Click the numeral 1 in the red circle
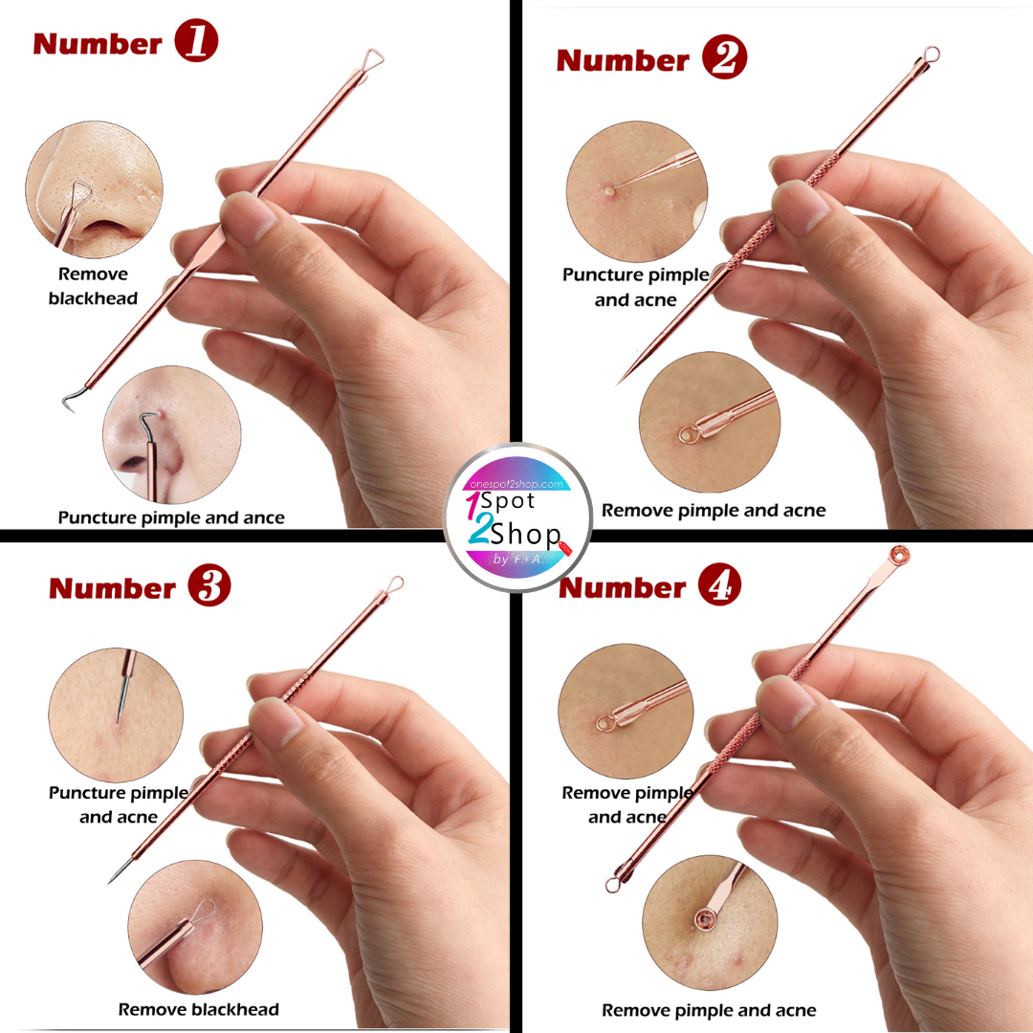click(x=196, y=41)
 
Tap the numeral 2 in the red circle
click(x=725, y=57)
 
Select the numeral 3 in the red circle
click(x=209, y=585)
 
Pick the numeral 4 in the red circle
click(x=719, y=584)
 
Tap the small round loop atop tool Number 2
click(x=932, y=54)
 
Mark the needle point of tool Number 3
click(x=110, y=882)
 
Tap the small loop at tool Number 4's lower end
click(x=613, y=884)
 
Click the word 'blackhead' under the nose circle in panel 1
click(x=93, y=298)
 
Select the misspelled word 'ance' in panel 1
click(x=264, y=518)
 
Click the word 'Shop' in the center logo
click(x=526, y=535)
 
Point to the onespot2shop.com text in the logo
click(x=516, y=484)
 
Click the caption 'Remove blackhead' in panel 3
click(x=199, y=1009)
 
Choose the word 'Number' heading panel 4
click(x=622, y=587)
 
